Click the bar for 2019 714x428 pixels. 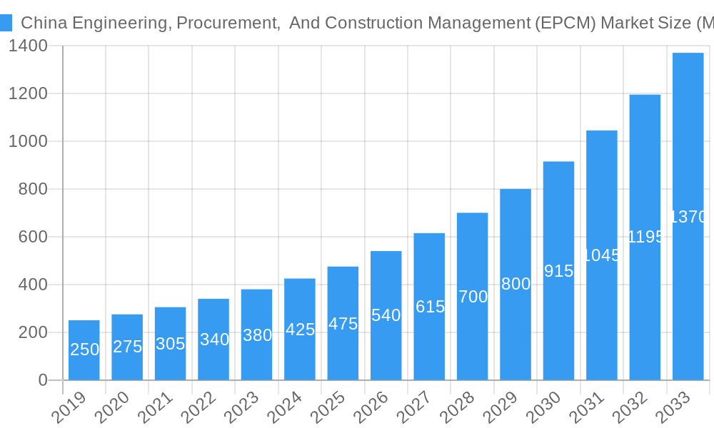(84, 350)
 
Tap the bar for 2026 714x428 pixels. (386, 315)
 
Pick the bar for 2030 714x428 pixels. (558, 270)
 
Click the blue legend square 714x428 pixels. (6, 23)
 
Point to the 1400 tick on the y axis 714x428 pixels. (28, 46)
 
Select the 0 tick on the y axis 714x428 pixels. (42, 380)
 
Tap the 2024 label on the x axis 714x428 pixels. (286, 408)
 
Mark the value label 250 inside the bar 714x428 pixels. (85, 350)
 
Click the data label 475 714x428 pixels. (343, 324)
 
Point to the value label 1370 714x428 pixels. (688, 217)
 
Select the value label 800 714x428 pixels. (516, 284)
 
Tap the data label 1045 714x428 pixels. (602, 255)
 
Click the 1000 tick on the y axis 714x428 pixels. (28, 141)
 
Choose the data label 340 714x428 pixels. (214, 340)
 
